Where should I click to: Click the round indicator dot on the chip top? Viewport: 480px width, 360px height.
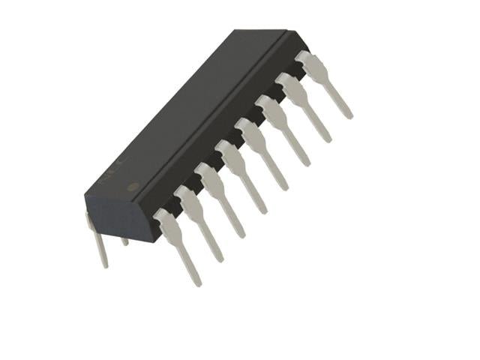133,186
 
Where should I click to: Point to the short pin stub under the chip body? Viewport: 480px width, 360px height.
124,241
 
